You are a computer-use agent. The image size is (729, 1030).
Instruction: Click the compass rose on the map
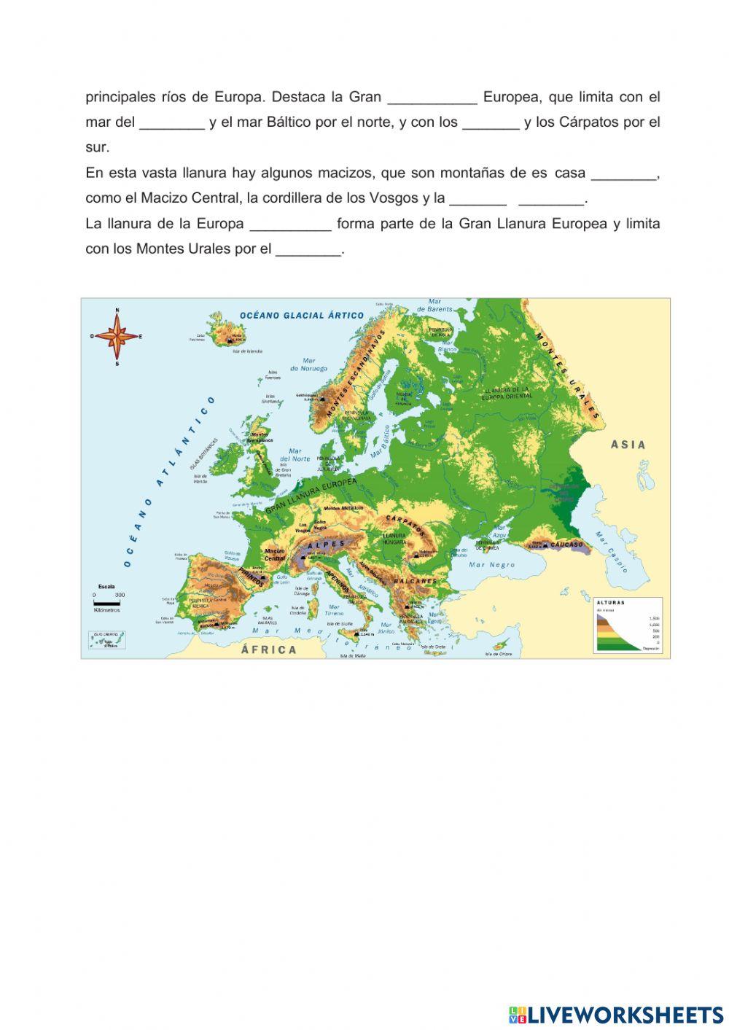coord(117,337)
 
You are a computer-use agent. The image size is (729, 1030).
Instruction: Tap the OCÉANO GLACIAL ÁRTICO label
coord(302,316)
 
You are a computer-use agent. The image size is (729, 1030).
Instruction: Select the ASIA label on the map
coord(628,445)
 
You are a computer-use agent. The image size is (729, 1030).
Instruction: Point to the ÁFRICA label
coord(269,649)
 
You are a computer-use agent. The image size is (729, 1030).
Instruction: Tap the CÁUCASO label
coord(569,545)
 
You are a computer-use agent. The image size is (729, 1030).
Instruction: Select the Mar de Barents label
coord(434,305)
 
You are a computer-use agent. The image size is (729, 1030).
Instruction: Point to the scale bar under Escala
coord(106,603)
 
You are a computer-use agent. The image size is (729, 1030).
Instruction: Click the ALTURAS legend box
coord(628,625)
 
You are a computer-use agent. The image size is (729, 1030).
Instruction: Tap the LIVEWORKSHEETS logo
coord(616,1014)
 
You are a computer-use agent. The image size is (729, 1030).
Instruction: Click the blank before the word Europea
coord(432,98)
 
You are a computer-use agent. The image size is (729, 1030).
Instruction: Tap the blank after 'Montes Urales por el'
coord(308,249)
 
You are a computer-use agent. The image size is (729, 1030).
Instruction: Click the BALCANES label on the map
coord(415,582)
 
